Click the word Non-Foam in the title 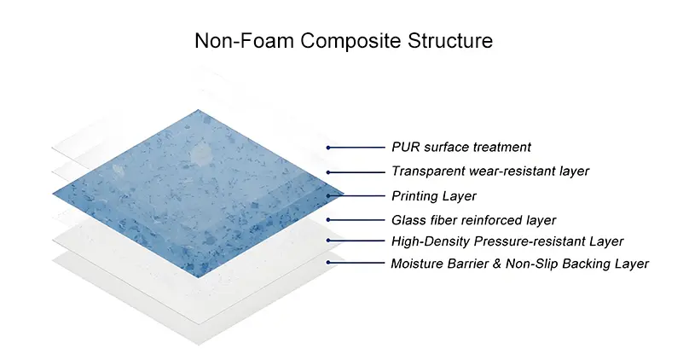tap(236, 41)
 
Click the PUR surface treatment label tap(460, 148)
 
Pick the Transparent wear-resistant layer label tap(489, 171)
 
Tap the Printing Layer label tap(433, 196)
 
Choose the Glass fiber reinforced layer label tap(473, 221)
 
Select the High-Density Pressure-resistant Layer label tap(507, 241)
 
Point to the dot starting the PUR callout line tap(328, 148)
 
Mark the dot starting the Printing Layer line tap(328, 196)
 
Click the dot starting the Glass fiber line tap(328, 221)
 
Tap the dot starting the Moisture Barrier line tap(328, 264)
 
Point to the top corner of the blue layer tap(200, 110)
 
